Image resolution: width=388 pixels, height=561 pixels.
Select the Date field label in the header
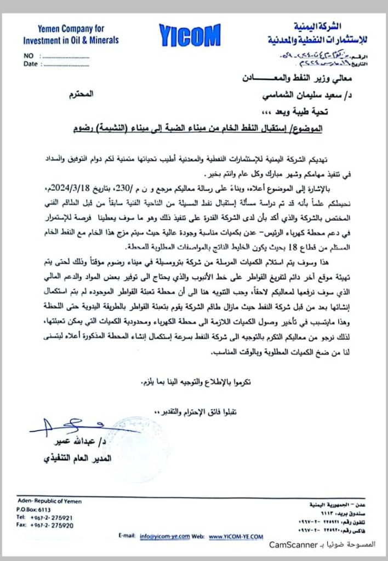click(x=30, y=64)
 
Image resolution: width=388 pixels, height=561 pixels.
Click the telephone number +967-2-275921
click(x=48, y=517)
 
